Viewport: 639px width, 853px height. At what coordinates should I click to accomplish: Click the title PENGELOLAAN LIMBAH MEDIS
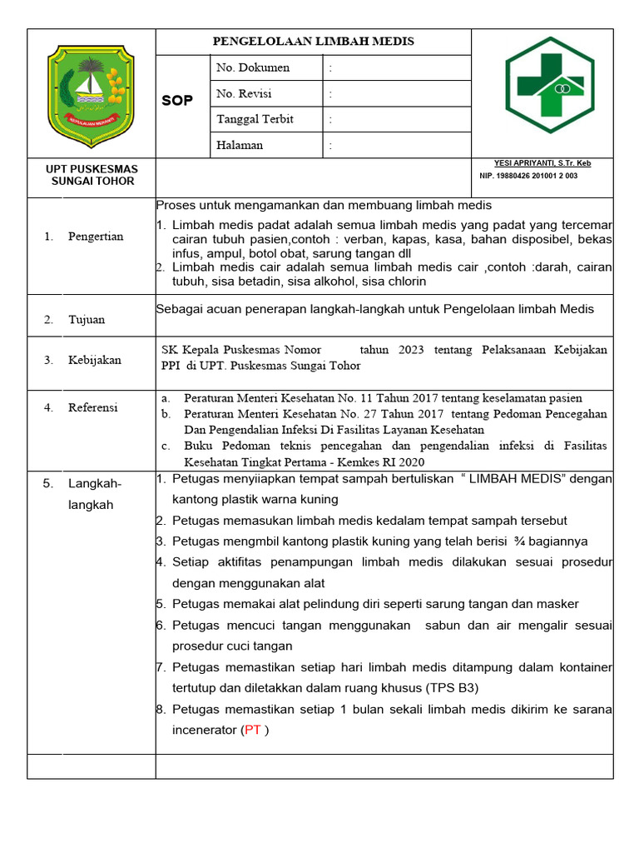[x=313, y=42]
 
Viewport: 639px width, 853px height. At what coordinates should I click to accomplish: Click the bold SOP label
[x=176, y=101]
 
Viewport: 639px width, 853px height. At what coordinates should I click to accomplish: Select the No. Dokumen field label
[x=253, y=67]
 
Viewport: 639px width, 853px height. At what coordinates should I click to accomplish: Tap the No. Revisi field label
[x=244, y=93]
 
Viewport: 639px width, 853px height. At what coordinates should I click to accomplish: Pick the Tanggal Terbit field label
[x=255, y=119]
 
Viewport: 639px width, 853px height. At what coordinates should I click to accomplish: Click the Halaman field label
[x=240, y=145]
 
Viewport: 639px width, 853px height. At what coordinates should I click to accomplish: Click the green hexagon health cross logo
[x=550, y=86]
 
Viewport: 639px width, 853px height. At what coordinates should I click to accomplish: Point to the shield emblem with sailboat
[x=91, y=92]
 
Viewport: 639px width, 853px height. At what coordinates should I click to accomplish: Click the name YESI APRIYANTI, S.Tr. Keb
[x=542, y=163]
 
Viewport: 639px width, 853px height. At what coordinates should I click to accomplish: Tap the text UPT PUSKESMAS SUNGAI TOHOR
[x=92, y=175]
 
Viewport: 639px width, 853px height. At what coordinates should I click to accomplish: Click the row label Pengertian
[x=96, y=237]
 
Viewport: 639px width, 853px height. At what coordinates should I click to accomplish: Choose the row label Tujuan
[x=87, y=319]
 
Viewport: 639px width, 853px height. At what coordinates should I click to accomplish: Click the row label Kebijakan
[x=94, y=360]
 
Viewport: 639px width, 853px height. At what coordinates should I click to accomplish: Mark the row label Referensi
[x=93, y=407]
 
